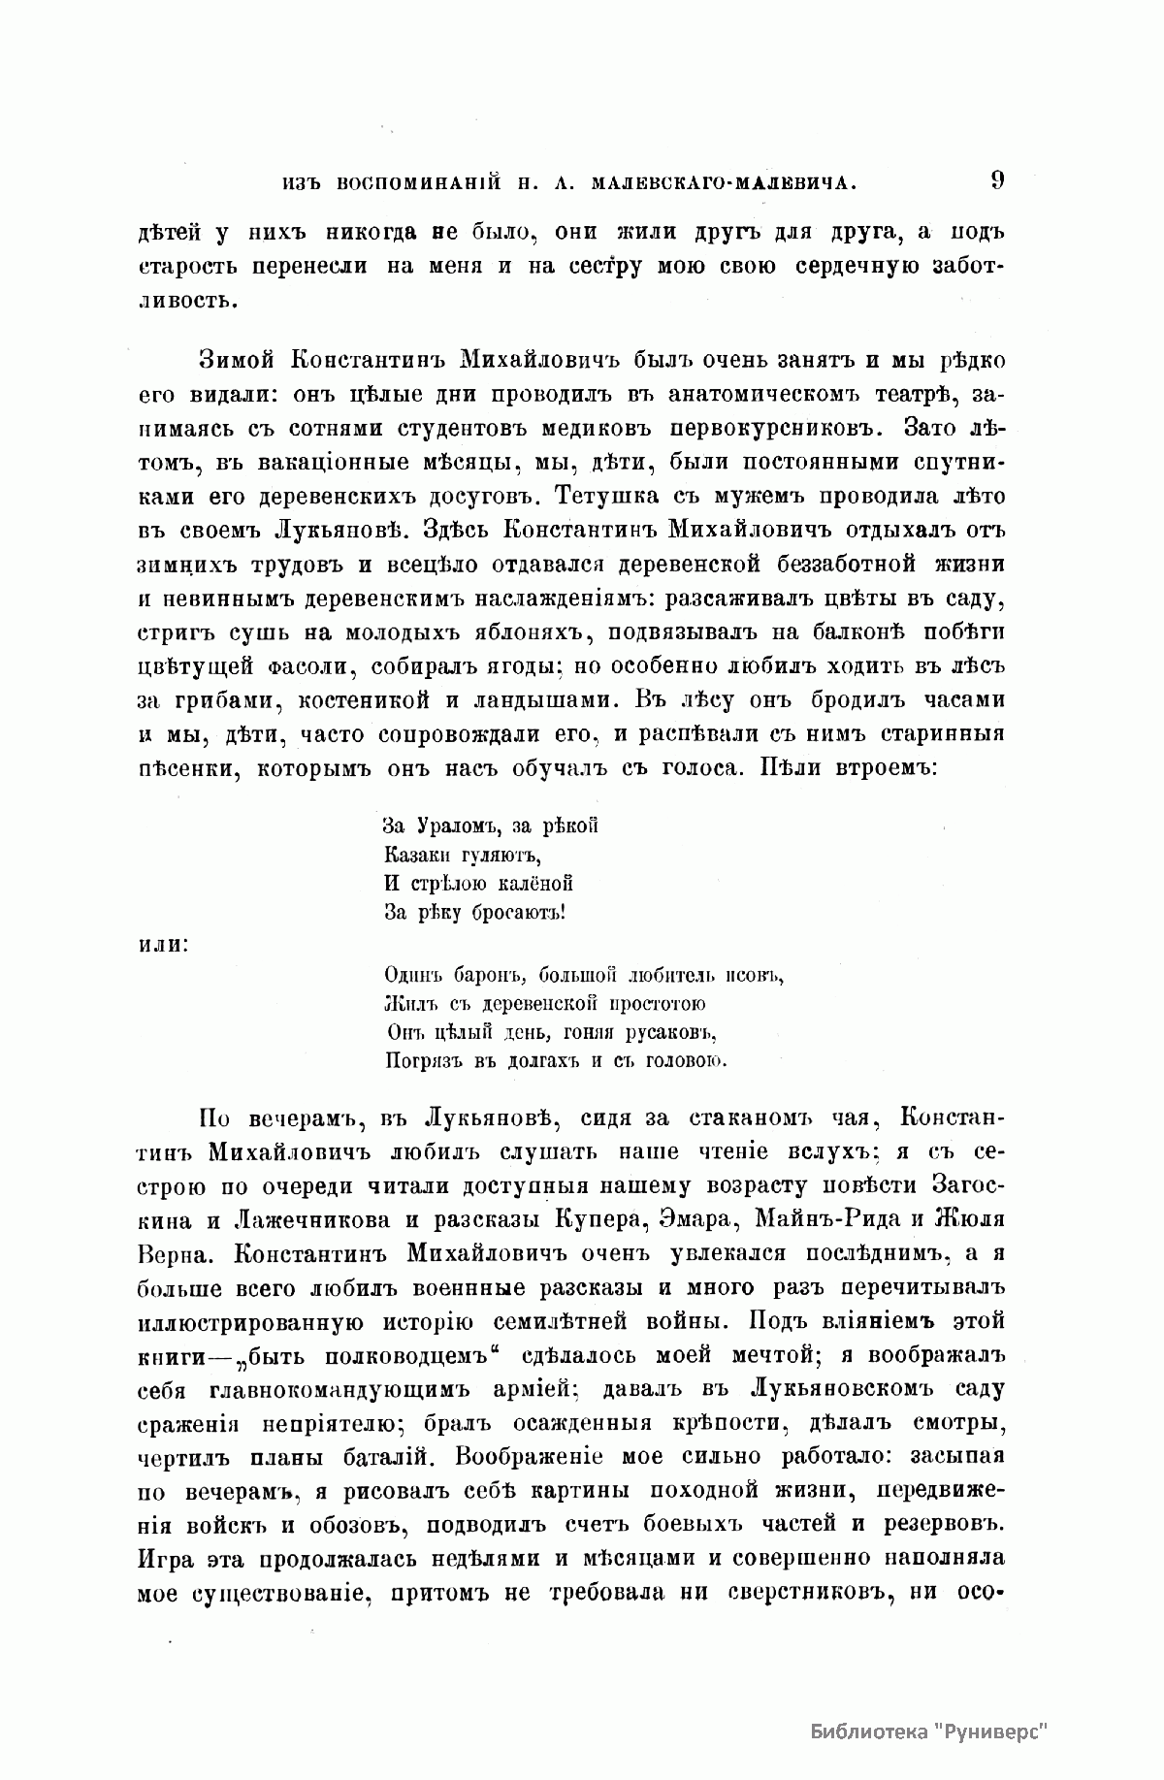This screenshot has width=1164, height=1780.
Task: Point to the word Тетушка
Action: [x=606, y=496]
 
